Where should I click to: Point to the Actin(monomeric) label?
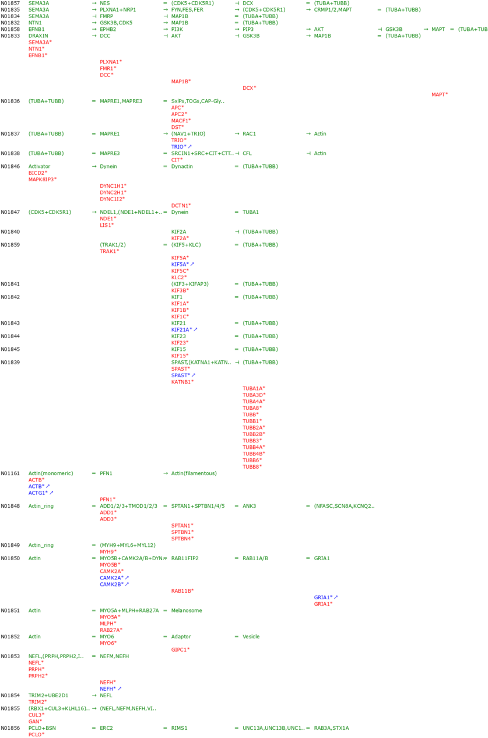(51, 473)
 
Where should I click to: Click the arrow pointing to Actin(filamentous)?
(166, 473)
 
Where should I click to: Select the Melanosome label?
(187, 610)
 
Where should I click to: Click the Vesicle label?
(251, 637)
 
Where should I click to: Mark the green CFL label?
(247, 153)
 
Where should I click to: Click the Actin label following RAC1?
(320, 133)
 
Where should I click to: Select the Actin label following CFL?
(320, 153)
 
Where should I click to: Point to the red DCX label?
(249, 88)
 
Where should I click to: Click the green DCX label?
(248, 3)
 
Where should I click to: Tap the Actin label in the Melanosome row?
(34, 610)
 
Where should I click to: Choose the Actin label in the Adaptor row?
(34, 637)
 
